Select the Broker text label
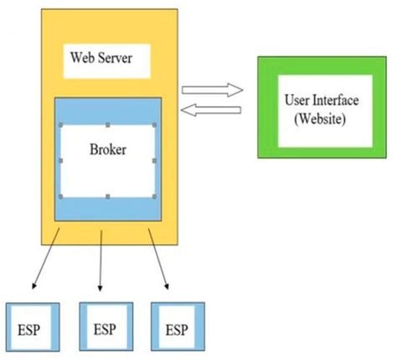point(107,152)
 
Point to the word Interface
point(336,100)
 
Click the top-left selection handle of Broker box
point(60,125)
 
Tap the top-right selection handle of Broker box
point(153,125)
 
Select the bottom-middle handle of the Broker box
point(107,197)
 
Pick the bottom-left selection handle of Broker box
point(60,197)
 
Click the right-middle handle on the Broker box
point(153,161)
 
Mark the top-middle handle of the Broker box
point(107,125)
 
